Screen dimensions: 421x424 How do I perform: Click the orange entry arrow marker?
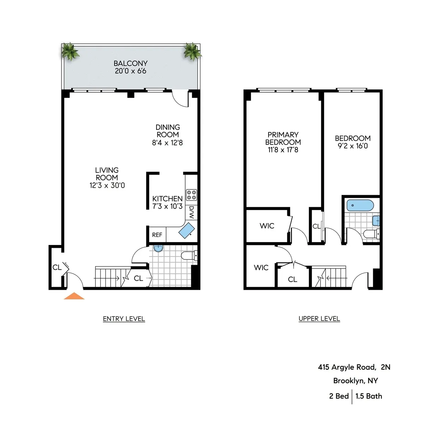tap(74, 296)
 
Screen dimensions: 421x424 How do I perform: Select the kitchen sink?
tap(186, 230)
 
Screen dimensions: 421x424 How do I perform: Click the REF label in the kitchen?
tap(157, 235)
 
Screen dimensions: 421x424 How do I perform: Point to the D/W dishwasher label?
tap(192, 212)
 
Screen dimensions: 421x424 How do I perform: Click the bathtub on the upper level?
tap(360, 205)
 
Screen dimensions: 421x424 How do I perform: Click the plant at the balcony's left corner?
tap(70, 52)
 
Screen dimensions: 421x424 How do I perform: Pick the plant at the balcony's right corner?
tap(192, 51)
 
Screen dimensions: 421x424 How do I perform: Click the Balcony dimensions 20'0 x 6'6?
tap(130, 71)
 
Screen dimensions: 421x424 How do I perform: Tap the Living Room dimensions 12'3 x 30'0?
tap(107, 185)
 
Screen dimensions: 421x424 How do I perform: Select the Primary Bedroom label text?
tap(283, 138)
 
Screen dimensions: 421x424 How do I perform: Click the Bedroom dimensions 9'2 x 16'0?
tap(353, 146)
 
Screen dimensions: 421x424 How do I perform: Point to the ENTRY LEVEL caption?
tap(124, 319)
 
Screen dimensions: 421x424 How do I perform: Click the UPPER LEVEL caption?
tap(319, 319)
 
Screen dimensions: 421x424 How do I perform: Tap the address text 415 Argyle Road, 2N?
tap(354, 367)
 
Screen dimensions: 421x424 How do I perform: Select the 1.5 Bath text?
tap(369, 396)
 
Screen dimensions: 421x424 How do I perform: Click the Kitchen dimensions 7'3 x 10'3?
tap(167, 206)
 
